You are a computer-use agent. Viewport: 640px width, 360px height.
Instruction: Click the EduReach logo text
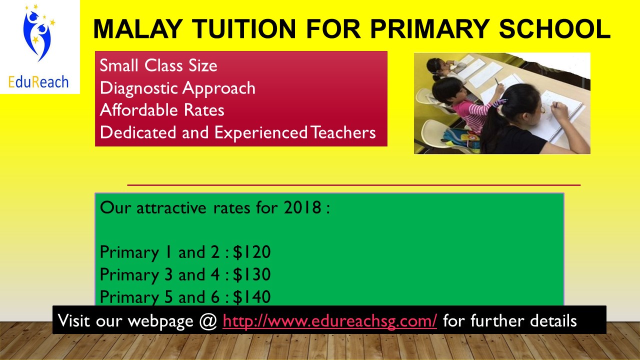pos(38,81)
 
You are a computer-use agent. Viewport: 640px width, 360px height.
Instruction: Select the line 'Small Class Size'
pos(158,65)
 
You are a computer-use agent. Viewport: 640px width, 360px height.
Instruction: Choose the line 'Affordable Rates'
pos(162,110)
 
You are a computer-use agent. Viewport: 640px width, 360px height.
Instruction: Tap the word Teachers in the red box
pos(342,132)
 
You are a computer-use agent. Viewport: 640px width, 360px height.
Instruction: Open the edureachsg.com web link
pos(330,320)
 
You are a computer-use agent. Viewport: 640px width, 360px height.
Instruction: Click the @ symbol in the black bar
pos(206,320)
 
